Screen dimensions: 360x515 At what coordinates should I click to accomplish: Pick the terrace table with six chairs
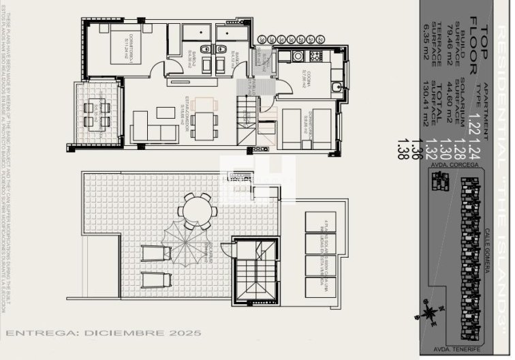coord(97,115)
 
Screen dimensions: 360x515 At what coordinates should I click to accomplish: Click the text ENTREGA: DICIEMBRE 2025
coord(104,334)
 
